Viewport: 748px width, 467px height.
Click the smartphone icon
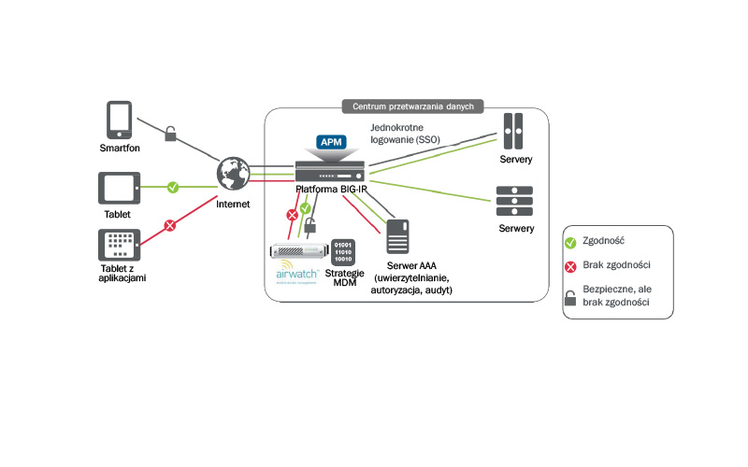coord(118,120)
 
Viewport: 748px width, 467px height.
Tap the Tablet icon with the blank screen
coord(118,189)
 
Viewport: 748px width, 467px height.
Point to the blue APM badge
coord(329,142)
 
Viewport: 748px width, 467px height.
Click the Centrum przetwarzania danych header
coord(412,106)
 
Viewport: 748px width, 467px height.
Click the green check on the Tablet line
coord(173,188)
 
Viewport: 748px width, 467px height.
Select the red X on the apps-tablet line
coord(170,225)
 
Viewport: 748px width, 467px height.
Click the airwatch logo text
coord(297,274)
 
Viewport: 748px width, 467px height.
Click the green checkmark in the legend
coord(571,242)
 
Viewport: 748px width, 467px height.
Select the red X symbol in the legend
coord(571,266)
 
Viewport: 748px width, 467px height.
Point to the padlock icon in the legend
coord(571,297)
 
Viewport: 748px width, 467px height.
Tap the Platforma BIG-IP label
coord(334,189)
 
